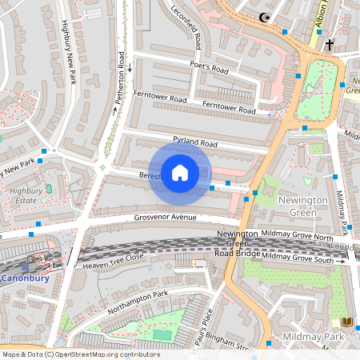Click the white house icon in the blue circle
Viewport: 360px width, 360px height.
tap(180, 173)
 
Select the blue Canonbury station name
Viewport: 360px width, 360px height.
tap(25, 279)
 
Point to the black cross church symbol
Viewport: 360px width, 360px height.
tap(328, 46)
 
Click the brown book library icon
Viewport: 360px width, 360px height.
tap(346, 321)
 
